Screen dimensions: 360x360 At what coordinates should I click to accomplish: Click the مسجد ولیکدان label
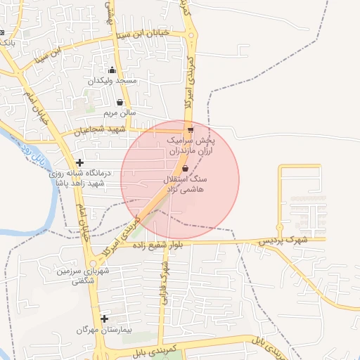click(112, 81)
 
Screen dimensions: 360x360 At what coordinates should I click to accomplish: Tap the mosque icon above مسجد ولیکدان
click(112, 70)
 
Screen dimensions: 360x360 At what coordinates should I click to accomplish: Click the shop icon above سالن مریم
click(120, 103)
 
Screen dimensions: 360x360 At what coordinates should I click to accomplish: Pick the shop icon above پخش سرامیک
click(191, 130)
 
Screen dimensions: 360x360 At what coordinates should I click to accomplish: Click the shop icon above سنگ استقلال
click(185, 169)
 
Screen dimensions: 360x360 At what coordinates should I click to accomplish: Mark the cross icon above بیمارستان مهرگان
click(104, 319)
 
